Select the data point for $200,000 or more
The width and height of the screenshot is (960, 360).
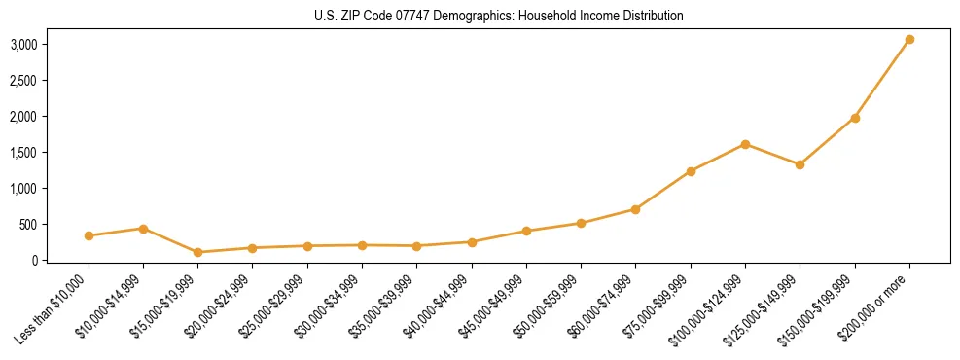click(909, 40)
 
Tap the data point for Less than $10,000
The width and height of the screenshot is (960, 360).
click(89, 235)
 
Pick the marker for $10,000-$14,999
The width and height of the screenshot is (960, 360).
click(143, 229)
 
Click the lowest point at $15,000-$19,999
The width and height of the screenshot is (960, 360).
click(197, 252)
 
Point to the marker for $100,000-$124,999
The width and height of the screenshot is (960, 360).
click(745, 144)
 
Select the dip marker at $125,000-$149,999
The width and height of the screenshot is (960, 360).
click(800, 164)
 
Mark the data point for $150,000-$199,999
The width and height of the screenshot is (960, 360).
click(855, 118)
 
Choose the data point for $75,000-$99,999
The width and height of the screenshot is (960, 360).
click(691, 171)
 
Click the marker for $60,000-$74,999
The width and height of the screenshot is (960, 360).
click(635, 209)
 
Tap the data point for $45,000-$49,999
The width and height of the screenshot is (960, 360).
click(526, 231)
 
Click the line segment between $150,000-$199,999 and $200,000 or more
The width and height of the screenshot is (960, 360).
click(882, 79)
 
